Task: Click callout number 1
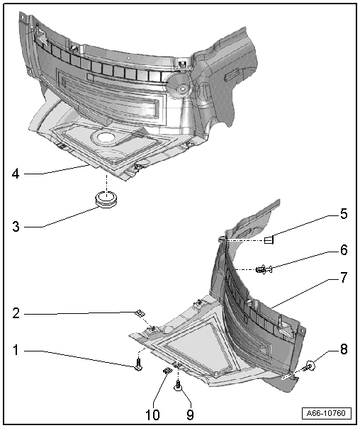[16, 350]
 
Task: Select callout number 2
[16, 313]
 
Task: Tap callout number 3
[16, 227]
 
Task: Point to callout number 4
[16, 174]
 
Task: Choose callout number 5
[344, 214]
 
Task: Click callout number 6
[344, 250]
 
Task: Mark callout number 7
[344, 277]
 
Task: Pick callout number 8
[344, 349]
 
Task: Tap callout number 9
[190, 415]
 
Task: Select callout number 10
[152, 415]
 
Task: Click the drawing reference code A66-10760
[327, 413]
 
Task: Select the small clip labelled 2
[140, 313]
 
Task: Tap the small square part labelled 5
[269, 240]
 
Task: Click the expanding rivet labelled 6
[264, 270]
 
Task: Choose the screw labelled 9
[178, 386]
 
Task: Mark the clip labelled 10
[167, 371]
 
